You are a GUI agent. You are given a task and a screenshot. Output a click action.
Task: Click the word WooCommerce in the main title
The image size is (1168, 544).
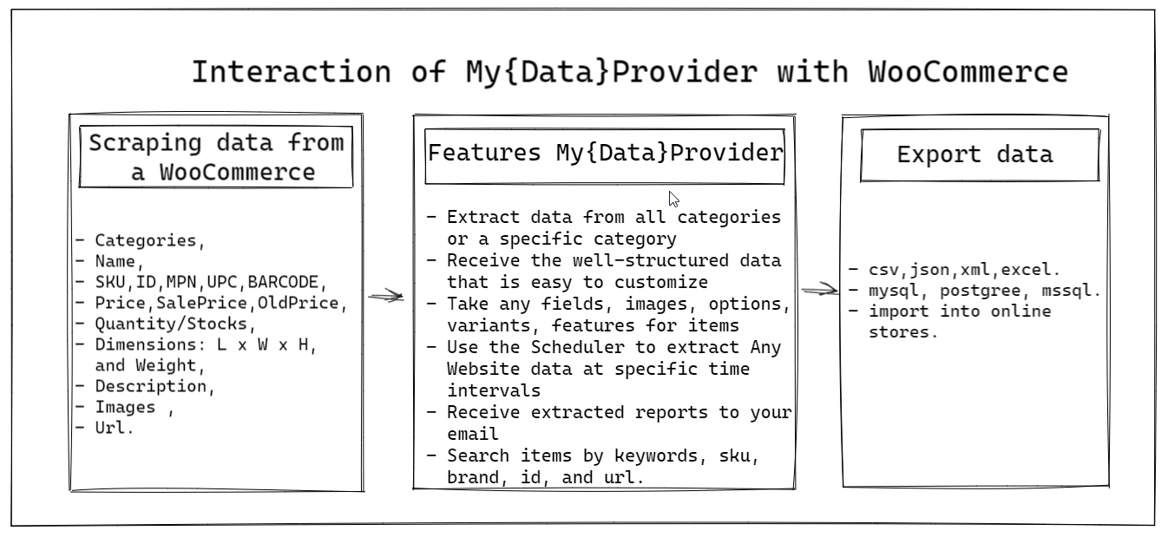pyautogui.click(x=968, y=72)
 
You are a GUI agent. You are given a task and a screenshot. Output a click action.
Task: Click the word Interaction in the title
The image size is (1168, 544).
pyautogui.click(x=292, y=72)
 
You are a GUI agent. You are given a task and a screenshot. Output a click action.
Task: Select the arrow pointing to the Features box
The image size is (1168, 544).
pyautogui.click(x=386, y=296)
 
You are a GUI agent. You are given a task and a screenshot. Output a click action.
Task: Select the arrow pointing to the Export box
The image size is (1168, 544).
pyautogui.click(x=820, y=290)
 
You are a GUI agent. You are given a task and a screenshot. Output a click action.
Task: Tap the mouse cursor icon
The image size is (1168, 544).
pyautogui.click(x=673, y=200)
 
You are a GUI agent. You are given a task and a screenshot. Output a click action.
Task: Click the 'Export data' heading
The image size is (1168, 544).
pyautogui.click(x=974, y=154)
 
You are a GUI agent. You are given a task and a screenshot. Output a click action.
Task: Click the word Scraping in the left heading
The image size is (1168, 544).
pyautogui.click(x=145, y=143)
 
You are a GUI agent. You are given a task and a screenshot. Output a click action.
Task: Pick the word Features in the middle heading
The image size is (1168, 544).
pyautogui.click(x=484, y=154)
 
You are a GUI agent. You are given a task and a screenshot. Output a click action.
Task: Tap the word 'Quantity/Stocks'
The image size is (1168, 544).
pyautogui.click(x=171, y=324)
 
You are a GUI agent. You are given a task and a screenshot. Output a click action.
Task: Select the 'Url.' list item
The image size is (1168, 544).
pyautogui.click(x=114, y=428)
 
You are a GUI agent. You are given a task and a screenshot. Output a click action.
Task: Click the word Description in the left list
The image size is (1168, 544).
pyautogui.click(x=151, y=386)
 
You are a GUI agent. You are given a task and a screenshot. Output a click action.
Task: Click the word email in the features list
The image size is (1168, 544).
pyautogui.click(x=472, y=434)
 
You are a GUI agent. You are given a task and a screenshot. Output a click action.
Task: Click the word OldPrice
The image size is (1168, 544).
pyautogui.click(x=299, y=303)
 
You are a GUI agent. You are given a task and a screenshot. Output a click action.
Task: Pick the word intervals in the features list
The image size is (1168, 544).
pyautogui.click(x=494, y=390)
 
